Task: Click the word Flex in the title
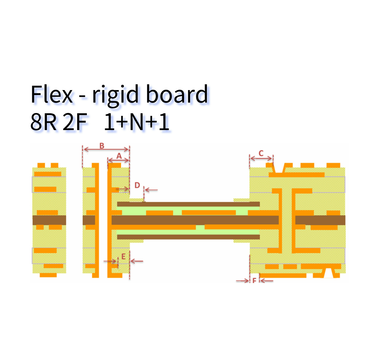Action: click(x=52, y=94)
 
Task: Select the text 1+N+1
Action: click(x=137, y=122)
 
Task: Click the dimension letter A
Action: click(x=119, y=156)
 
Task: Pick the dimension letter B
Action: click(x=102, y=146)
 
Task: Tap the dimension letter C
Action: click(x=261, y=153)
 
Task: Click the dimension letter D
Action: click(x=137, y=185)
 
